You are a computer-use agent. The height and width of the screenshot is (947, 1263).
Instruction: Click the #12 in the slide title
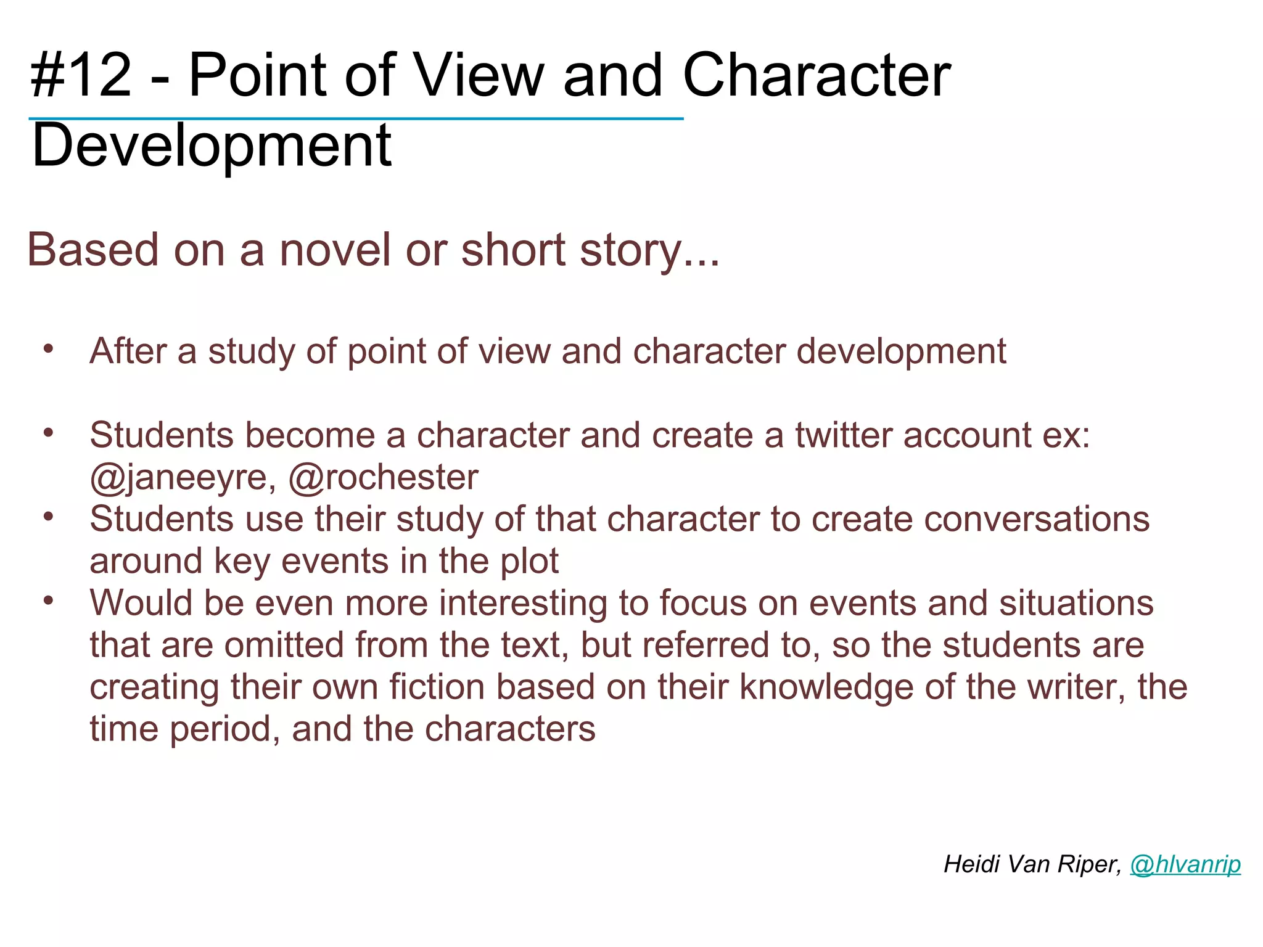[81, 75]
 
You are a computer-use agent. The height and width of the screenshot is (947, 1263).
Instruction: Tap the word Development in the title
[212, 146]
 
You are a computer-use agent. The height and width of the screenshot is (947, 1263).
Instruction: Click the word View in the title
[479, 75]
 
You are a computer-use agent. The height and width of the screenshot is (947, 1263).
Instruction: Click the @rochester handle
[384, 477]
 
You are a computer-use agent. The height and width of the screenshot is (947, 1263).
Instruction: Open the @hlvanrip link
[1185, 864]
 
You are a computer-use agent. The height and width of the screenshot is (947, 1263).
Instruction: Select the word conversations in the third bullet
[980, 519]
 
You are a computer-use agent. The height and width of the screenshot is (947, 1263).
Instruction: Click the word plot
[529, 561]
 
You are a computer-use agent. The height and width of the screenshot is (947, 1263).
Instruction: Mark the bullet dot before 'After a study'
[49, 349]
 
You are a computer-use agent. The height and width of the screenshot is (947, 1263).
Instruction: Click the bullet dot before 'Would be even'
[49, 600]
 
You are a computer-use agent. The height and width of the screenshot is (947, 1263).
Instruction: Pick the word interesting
[523, 603]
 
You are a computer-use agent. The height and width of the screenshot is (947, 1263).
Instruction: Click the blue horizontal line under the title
[356, 118]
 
